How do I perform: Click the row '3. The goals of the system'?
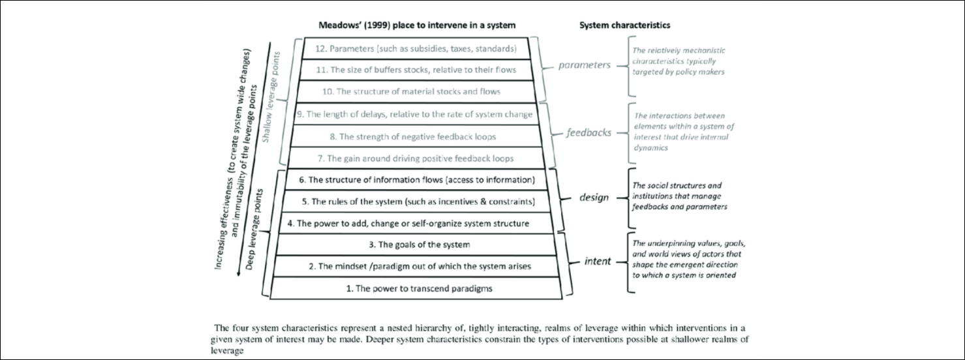coord(416,245)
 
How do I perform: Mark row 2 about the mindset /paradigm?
coord(416,266)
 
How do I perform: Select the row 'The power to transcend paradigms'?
coord(416,288)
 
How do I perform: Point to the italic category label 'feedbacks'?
coord(589,132)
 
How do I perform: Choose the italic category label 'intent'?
coord(597,262)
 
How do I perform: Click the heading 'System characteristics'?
coord(625,25)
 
